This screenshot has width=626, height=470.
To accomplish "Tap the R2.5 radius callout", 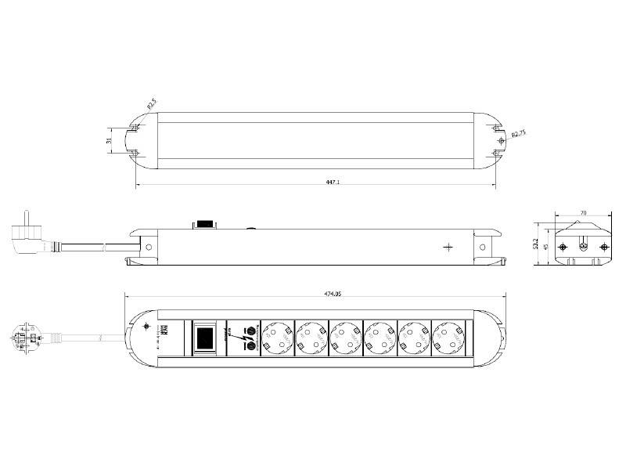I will [150, 104].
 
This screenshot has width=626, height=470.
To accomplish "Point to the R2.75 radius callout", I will [517, 135].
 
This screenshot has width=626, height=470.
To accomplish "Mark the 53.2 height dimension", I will [536, 245].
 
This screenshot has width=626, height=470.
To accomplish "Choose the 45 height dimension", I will [546, 248].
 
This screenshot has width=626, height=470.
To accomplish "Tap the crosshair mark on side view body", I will [448, 248].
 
